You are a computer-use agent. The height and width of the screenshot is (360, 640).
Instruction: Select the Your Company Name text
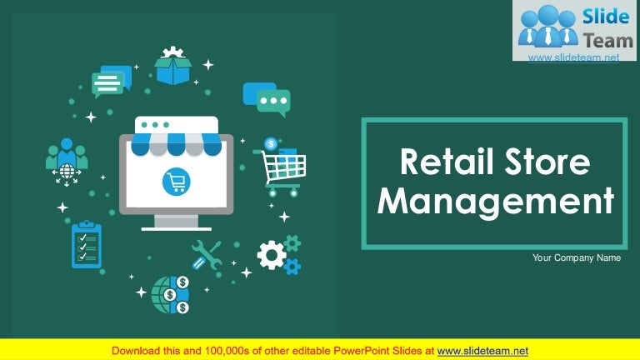pyautogui.click(x=577, y=258)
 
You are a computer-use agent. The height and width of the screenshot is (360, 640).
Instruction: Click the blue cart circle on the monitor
pyautogui.click(x=177, y=181)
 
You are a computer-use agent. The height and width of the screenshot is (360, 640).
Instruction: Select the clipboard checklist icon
pyautogui.click(x=86, y=244)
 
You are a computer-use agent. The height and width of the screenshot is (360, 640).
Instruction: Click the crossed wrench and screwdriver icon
pyautogui.click(x=206, y=255)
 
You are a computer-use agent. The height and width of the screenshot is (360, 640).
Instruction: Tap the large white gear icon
pyautogui.click(x=271, y=255)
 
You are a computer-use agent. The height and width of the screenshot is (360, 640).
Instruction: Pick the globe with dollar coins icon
pyautogui.click(x=170, y=294)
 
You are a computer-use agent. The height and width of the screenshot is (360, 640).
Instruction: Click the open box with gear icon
pyautogui.click(x=173, y=66)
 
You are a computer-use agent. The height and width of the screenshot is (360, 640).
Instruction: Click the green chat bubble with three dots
pyautogui.click(x=273, y=102)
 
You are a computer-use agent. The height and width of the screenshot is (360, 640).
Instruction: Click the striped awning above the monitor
pyautogui.click(x=177, y=143)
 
